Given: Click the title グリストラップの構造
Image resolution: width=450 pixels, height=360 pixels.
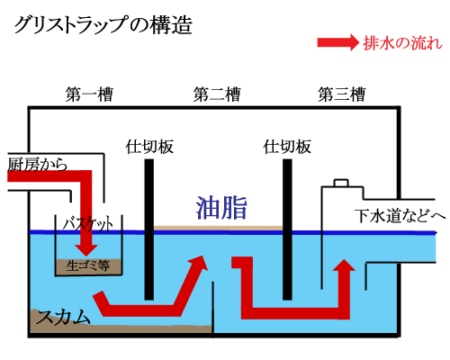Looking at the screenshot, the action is click(103, 25).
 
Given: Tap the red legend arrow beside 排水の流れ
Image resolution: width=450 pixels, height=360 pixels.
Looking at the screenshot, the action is click(338, 42).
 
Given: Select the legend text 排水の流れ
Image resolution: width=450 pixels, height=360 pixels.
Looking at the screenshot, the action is click(402, 43).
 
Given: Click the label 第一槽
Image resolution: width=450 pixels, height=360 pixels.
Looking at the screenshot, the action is click(89, 94).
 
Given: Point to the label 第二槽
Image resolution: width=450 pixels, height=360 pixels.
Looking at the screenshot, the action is click(217, 94).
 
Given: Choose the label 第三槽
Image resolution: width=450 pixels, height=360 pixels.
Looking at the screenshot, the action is click(342, 94).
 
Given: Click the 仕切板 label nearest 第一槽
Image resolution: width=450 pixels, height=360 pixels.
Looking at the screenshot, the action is click(149, 147).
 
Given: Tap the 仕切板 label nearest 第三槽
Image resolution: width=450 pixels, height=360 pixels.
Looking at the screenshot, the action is click(287, 147).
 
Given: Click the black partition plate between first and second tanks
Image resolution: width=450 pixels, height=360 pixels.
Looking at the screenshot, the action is click(149, 229).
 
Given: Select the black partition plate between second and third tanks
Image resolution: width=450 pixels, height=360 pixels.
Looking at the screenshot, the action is click(287, 229).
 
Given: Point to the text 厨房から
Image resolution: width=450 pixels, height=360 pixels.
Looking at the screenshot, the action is click(37, 164).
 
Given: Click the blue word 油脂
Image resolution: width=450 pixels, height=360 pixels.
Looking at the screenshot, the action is click(221, 208).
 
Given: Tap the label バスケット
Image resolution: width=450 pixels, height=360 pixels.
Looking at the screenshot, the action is click(88, 224).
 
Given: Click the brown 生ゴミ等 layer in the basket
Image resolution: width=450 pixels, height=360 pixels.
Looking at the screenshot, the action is click(88, 266).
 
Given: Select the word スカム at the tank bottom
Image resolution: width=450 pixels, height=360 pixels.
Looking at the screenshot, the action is click(63, 317).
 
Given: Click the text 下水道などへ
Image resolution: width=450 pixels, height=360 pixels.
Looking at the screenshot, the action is click(400, 215).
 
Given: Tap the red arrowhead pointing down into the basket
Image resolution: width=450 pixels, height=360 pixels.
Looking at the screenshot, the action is click(86, 250).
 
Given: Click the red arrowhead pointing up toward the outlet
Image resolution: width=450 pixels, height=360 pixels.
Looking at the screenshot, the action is click(344, 265).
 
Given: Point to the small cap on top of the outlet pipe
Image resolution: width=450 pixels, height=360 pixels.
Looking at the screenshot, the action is click(341, 183).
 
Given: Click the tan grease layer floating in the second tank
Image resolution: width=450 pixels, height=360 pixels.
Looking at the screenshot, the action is click(219, 229).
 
